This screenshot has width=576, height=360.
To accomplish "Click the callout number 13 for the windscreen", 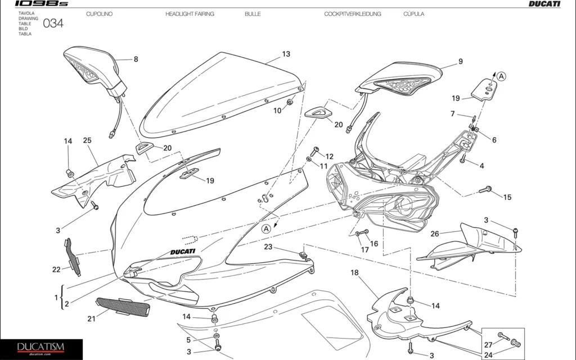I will (x=286, y=54).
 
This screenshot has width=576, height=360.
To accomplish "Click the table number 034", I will (x=53, y=24).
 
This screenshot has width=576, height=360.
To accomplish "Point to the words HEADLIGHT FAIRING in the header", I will (x=190, y=13).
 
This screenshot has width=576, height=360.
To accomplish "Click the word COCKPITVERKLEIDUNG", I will (x=352, y=13).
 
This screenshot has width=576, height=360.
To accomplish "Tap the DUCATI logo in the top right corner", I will (x=544, y=4).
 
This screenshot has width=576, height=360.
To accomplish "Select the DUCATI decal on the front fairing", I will (x=181, y=251).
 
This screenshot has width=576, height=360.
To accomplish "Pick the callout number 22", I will (x=56, y=269).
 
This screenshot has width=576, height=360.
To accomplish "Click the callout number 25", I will (x=87, y=141).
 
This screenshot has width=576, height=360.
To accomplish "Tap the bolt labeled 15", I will (x=485, y=191).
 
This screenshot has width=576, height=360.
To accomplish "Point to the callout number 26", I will (x=435, y=233).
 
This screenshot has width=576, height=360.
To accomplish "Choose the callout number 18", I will (x=354, y=273).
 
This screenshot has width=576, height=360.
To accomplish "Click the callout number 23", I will (x=268, y=246).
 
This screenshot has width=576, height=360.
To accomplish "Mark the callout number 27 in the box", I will (x=488, y=345).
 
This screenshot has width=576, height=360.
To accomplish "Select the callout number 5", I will (x=189, y=340).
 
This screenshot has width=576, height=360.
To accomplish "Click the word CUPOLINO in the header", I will (x=99, y=13).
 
